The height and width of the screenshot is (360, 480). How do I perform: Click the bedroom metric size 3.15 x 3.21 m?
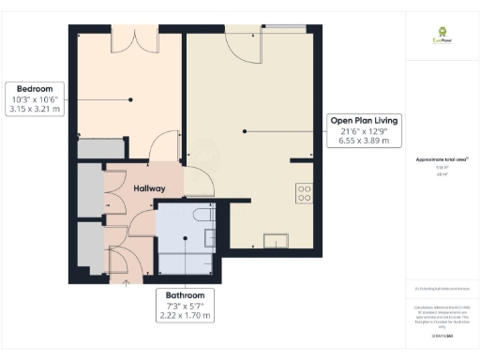[x=34, y=110]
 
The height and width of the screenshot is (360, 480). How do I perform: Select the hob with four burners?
[x=304, y=193]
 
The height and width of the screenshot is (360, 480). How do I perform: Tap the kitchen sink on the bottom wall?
[x=277, y=240]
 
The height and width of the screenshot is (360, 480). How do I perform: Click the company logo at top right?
[x=437, y=40]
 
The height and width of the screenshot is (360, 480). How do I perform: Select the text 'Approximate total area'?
[x=436, y=159]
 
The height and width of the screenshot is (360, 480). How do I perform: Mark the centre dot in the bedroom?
[x=132, y=99]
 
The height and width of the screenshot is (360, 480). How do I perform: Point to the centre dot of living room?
[x=245, y=132]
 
